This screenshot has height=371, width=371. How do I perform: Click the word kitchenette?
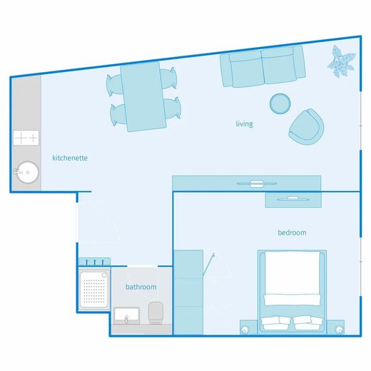[x=70, y=158]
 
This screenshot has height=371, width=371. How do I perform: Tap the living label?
[x=244, y=124]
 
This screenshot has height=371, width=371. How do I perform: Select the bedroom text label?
[x=292, y=233]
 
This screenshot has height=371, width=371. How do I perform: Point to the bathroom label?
[x=141, y=287]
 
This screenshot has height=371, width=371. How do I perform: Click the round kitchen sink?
[x=28, y=172]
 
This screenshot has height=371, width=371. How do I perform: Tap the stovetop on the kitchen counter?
[x=26, y=138]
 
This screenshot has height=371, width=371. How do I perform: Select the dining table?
[x=143, y=97]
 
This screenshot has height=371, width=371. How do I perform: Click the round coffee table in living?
[x=280, y=103]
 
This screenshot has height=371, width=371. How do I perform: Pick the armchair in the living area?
[x=306, y=127]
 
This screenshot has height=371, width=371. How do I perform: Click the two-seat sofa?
[x=263, y=66]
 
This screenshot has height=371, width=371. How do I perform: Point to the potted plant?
[x=341, y=62]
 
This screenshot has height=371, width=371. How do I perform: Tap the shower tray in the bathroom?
[x=94, y=290]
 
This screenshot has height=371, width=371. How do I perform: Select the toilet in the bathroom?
[x=156, y=312]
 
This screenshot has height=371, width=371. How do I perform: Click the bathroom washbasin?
[x=126, y=315]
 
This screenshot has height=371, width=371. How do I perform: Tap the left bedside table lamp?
[x=244, y=330]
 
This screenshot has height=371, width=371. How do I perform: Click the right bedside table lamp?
[x=339, y=330]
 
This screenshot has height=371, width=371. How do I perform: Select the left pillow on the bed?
[x=275, y=322]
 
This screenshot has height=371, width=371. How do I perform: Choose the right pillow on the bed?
[x=308, y=322]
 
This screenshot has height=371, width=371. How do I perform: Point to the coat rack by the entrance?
[x=94, y=262]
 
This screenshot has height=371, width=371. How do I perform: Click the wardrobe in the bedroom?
[x=188, y=293]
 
